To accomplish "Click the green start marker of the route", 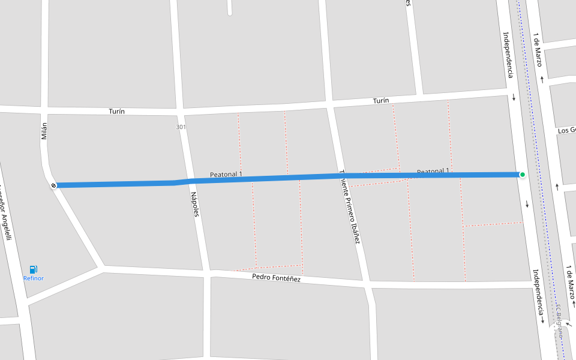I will tap(523, 175).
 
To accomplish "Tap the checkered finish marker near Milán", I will tap(54, 185).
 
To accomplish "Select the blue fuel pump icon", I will tap(34, 269).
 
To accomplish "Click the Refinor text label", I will tap(34, 278).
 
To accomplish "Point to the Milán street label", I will tap(44, 131).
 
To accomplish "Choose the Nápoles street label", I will tap(194, 205).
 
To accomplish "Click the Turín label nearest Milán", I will tap(116, 112).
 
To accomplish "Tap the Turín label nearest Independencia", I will tap(380, 101).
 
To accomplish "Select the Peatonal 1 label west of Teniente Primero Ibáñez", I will tap(226, 175).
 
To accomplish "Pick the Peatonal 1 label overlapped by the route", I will tap(433, 172).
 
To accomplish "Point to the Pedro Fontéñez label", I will tap(276, 278).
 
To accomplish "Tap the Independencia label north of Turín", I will tap(508, 55).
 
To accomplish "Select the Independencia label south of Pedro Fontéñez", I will tap(537, 292).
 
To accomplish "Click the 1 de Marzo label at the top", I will tap(538, 49).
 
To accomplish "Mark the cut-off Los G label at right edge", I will tap(566, 130).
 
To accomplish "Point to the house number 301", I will tap(181, 127).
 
